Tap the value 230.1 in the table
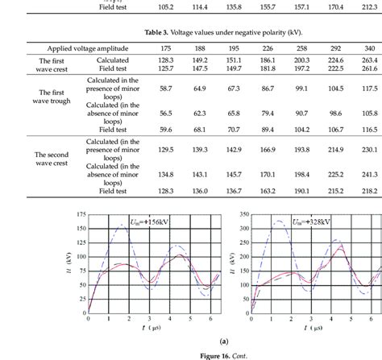[371, 150]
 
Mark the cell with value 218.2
[371, 190]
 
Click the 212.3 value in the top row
[371, 7]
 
